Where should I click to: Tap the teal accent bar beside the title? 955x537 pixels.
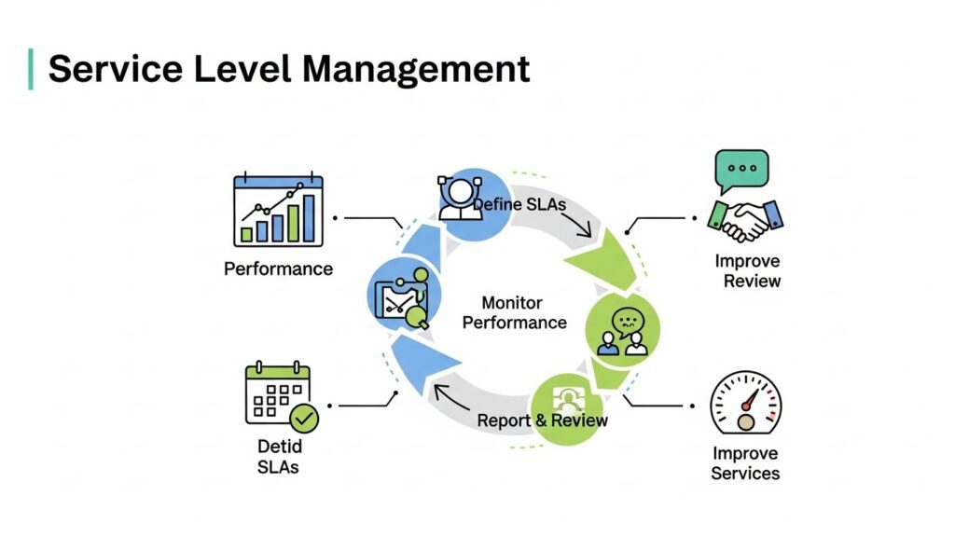coord(31,69)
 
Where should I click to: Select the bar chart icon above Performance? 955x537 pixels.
coord(278,211)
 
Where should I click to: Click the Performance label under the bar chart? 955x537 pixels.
coord(278,268)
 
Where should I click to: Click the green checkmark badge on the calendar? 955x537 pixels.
coord(304,418)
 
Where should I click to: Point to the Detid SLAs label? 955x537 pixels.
coord(278,457)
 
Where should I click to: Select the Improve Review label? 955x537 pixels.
coord(747,270)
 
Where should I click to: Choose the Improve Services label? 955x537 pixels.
coord(745,463)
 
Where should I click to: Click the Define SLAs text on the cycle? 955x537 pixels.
coord(519,203)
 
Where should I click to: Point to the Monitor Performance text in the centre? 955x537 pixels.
coord(514,313)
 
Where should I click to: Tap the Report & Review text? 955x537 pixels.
coord(542,420)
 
